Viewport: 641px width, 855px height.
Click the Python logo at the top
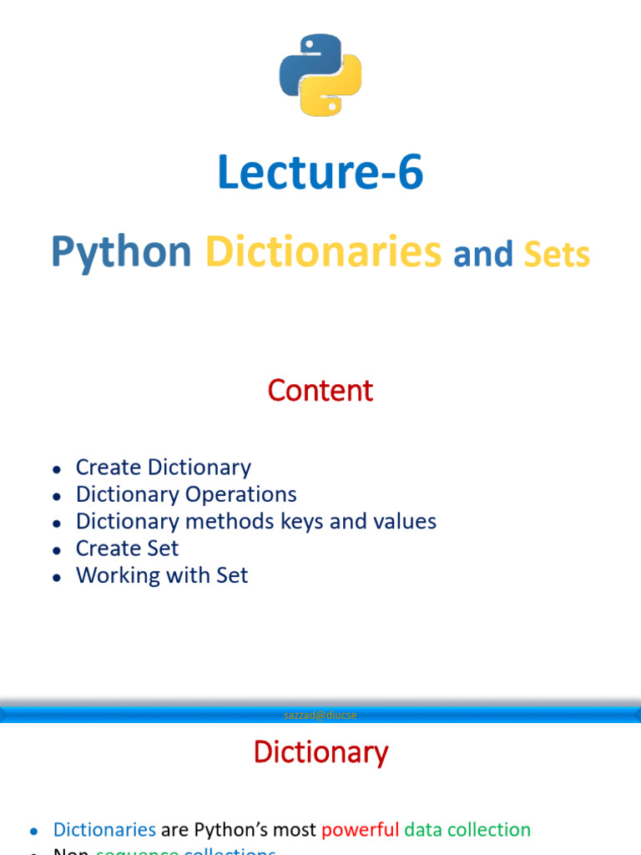pyautogui.click(x=320, y=74)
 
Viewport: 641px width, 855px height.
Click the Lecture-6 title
pyautogui.click(x=320, y=172)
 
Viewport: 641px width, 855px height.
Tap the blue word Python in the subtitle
pyautogui.click(x=121, y=252)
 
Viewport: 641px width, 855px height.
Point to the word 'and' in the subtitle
pyautogui.click(x=482, y=255)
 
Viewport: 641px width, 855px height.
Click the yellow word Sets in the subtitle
pyautogui.click(x=557, y=255)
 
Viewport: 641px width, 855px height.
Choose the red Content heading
pyautogui.click(x=320, y=390)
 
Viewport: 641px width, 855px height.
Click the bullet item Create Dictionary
pyautogui.click(x=163, y=468)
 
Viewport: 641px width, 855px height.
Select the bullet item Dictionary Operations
pyautogui.click(x=186, y=494)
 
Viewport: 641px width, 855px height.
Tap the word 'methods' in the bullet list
pyautogui.click(x=234, y=521)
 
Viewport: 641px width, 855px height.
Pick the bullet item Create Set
pyautogui.click(x=127, y=549)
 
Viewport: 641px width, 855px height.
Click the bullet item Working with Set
pyautogui.click(x=162, y=575)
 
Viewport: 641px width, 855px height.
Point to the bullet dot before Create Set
pyautogui.click(x=56, y=550)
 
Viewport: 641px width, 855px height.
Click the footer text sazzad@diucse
pyautogui.click(x=320, y=715)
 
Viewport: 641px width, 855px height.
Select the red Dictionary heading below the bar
pyautogui.click(x=320, y=752)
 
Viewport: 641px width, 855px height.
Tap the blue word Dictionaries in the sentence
pyautogui.click(x=104, y=830)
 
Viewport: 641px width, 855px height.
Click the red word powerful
pyautogui.click(x=360, y=830)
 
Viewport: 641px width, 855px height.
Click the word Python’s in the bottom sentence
pyautogui.click(x=255, y=830)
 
